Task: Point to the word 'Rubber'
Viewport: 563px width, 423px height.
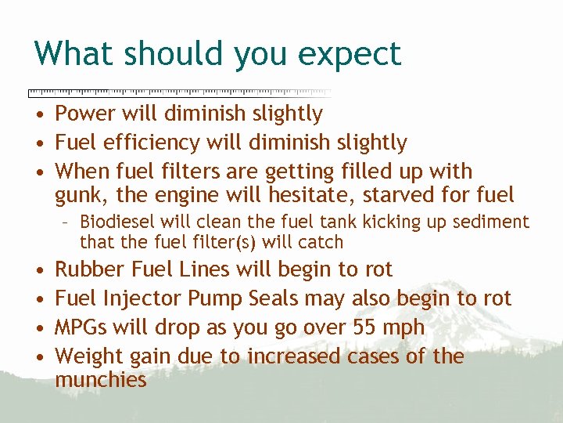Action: point(90,269)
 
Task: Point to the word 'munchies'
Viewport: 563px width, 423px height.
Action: point(101,381)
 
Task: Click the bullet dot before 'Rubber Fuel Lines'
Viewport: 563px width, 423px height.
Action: point(38,270)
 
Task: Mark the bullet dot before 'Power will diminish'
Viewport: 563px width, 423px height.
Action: point(38,114)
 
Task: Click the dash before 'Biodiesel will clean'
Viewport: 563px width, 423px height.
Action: point(68,223)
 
